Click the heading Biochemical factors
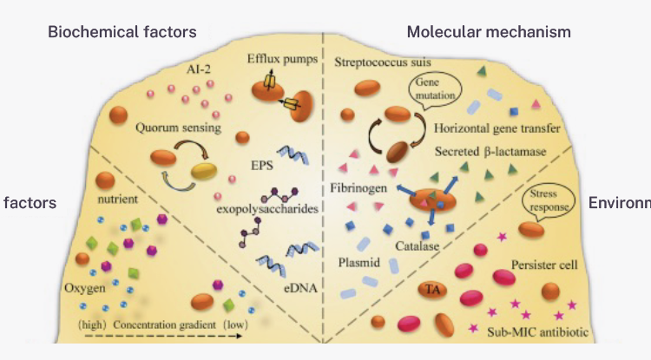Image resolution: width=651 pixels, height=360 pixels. [122, 33]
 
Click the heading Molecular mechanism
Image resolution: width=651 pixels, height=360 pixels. [489, 33]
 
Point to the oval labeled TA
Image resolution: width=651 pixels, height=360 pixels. [431, 289]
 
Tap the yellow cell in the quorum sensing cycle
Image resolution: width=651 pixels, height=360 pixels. [207, 172]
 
